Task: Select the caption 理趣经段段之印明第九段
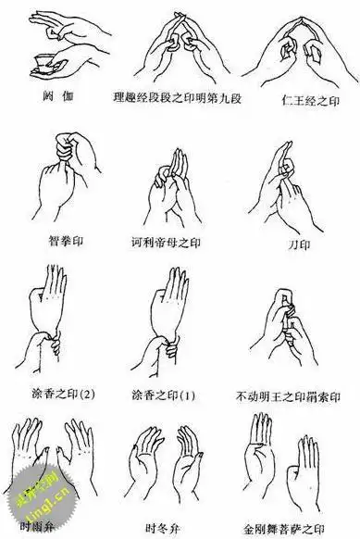176,96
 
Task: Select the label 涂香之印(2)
58,395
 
